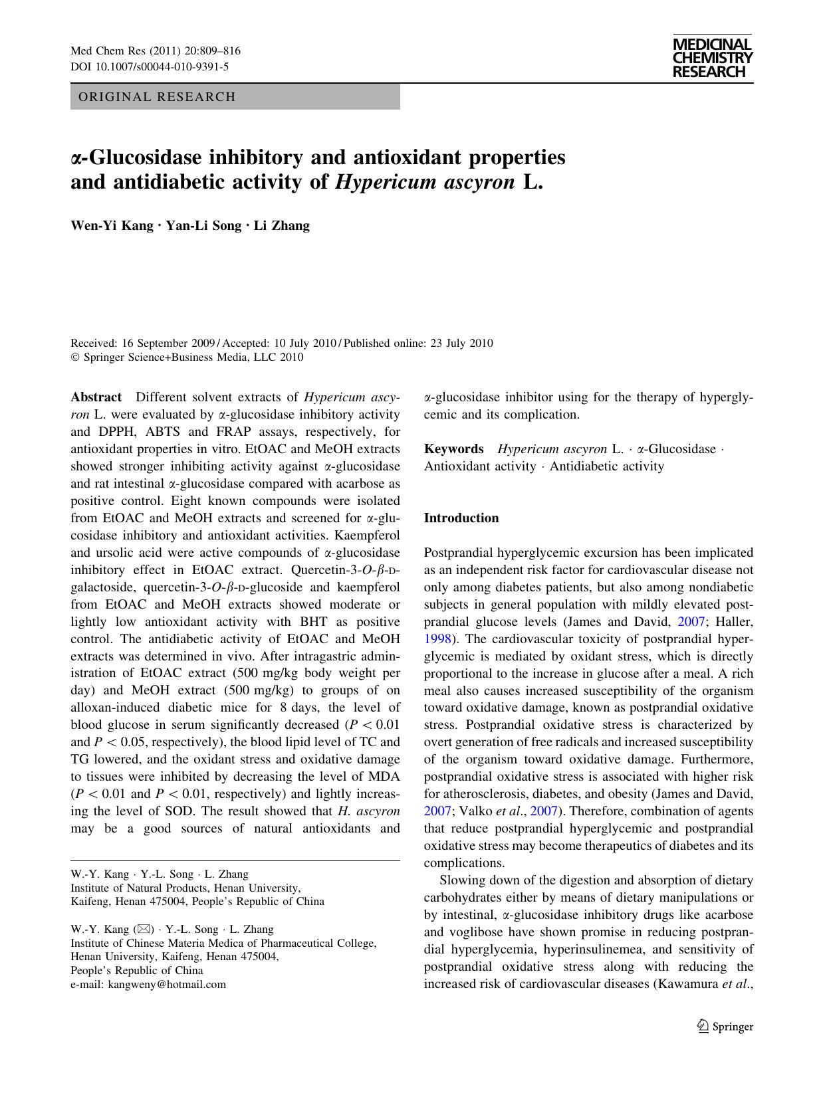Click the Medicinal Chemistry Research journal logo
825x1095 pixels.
712,58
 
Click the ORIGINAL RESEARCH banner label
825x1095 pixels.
157,97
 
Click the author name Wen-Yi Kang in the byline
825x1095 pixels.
112,225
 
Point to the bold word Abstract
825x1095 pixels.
96,397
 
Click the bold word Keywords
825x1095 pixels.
453,449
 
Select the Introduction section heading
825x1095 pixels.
461,518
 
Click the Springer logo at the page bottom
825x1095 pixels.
725,1027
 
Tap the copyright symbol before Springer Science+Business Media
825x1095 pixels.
74,357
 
